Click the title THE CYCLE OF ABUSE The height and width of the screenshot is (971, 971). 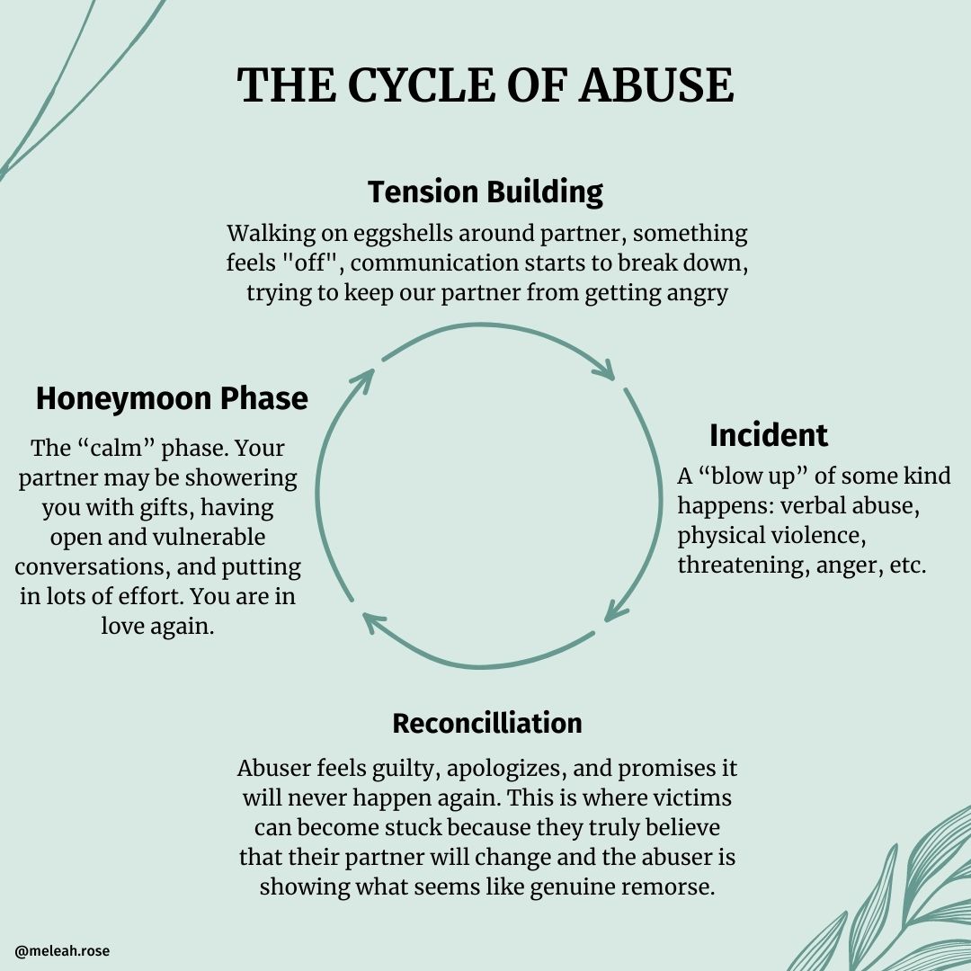click(485, 86)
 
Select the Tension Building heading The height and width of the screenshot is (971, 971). click(485, 192)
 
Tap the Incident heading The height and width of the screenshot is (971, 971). click(768, 435)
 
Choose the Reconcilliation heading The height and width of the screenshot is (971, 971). click(486, 723)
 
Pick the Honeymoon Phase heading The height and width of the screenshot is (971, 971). click(172, 398)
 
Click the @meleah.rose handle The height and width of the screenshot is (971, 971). click(62, 950)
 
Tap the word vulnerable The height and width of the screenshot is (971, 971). click(202, 538)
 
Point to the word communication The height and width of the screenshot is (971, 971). click(481, 263)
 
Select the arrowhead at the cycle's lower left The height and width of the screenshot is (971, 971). click(371, 619)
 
